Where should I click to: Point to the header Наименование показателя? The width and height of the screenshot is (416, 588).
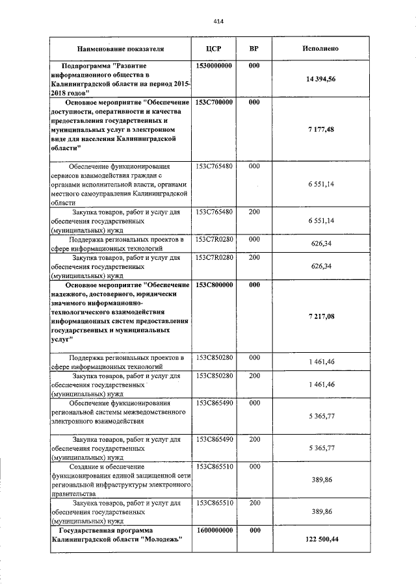point(120,49)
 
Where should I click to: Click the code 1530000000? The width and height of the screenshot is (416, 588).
point(214,67)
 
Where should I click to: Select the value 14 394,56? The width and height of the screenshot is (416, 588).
point(323,79)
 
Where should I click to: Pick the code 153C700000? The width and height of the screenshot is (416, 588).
point(214,103)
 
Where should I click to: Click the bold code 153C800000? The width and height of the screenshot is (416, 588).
point(214,285)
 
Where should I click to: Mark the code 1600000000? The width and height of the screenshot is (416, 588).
point(214,530)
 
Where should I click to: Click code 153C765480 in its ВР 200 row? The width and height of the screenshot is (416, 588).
point(214,212)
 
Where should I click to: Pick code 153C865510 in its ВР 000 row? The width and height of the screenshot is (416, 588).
point(214,467)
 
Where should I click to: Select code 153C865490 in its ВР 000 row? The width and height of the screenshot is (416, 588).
point(214,403)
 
